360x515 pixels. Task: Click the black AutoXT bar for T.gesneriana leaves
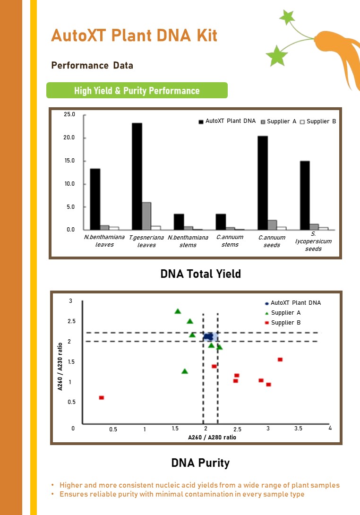tap(137, 176)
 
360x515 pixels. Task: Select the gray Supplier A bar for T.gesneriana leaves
tap(146, 216)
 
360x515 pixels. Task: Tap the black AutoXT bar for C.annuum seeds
tap(263, 183)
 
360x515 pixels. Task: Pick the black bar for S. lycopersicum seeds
tap(305, 196)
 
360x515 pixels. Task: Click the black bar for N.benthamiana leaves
tap(95, 199)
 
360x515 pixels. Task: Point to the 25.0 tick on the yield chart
tap(69, 114)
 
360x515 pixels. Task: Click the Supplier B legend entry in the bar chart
tap(318, 121)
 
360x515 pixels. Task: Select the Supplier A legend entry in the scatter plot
tap(283, 313)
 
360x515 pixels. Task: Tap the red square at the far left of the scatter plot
tap(102, 398)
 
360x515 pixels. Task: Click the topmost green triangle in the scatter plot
tap(178, 311)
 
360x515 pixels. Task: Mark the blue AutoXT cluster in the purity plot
tap(208, 337)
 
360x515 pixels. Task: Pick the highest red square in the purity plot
tap(280, 360)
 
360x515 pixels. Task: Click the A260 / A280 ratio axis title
tap(212, 437)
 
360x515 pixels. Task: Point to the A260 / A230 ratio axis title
tap(60, 367)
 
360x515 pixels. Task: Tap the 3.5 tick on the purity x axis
tap(298, 428)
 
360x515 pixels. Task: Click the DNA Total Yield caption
tap(201, 274)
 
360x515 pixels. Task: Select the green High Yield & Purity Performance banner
tap(137, 90)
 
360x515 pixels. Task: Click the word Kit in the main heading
tap(207, 35)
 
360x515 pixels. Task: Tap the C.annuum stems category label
tap(230, 241)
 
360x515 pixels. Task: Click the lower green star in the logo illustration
tap(276, 56)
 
